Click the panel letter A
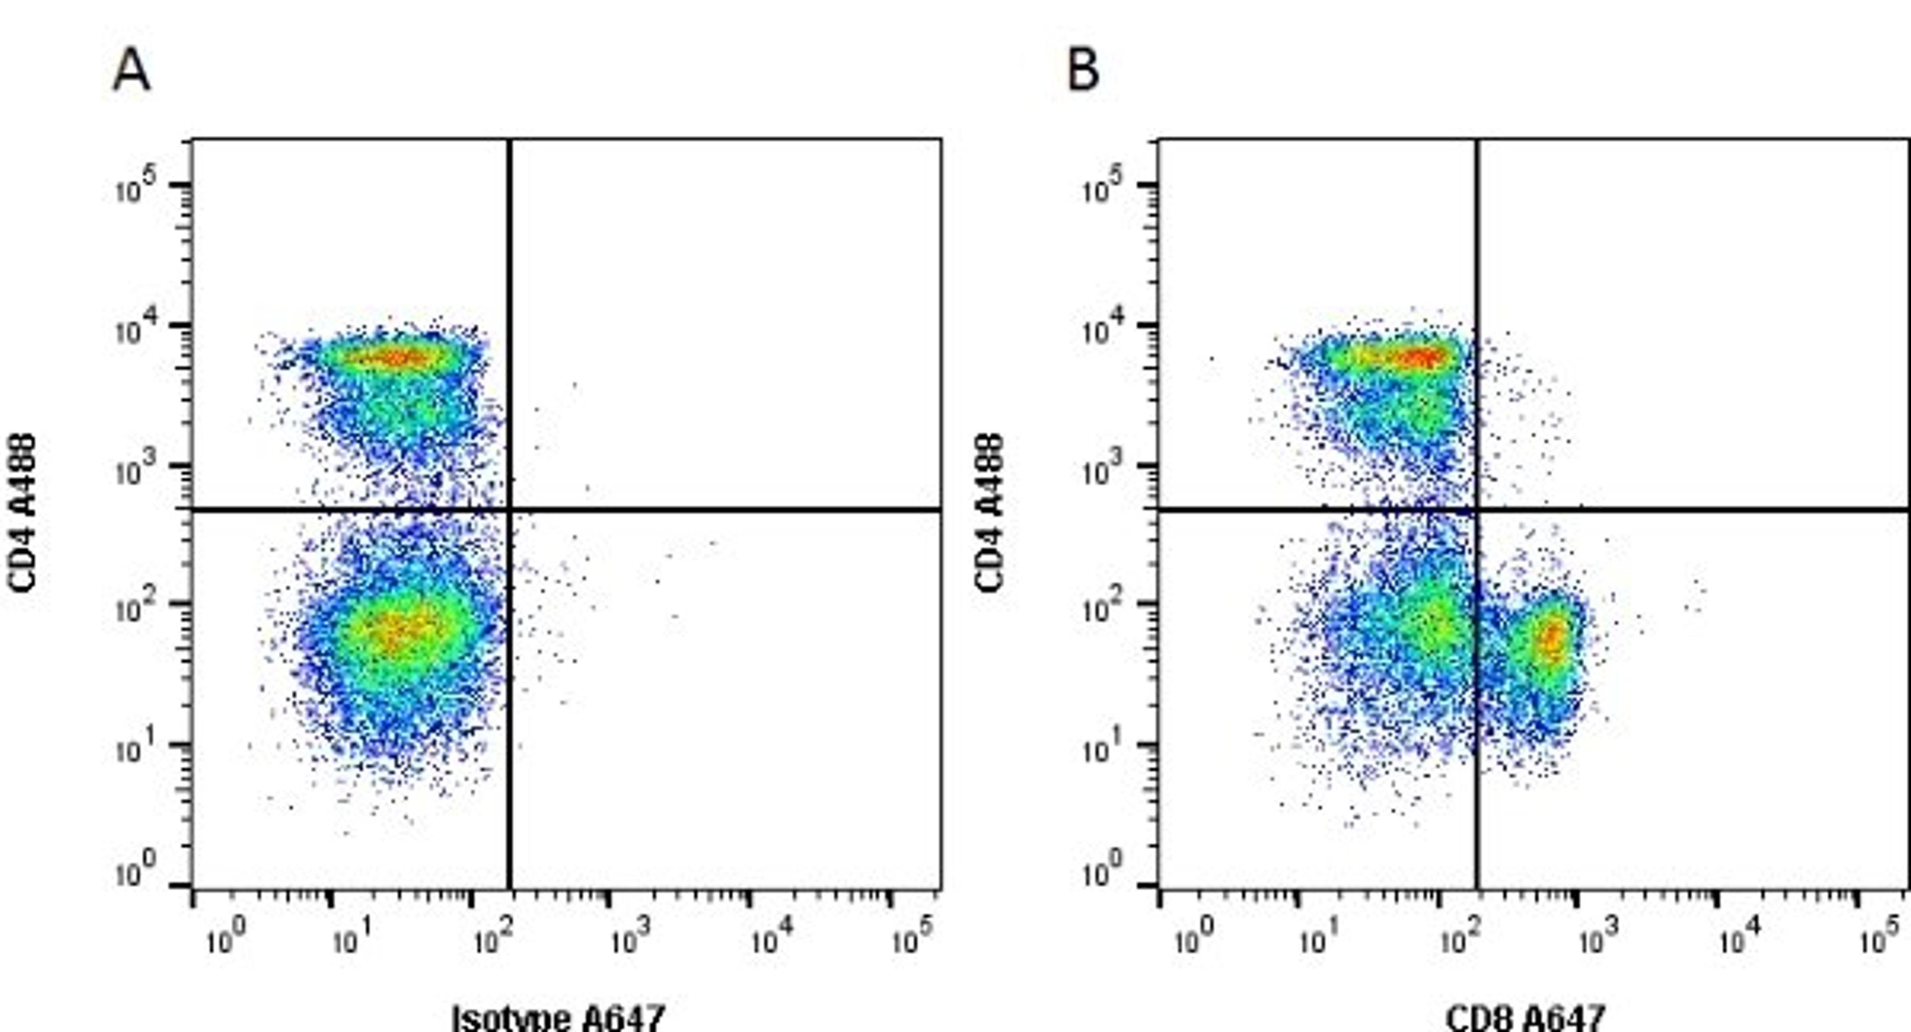pyautogui.click(x=131, y=73)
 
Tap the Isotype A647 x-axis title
pyautogui.click(x=558, y=1017)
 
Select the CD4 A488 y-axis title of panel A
pyautogui.click(x=23, y=513)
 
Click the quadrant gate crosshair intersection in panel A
pyautogui.click(x=510, y=510)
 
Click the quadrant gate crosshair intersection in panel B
pyautogui.click(x=1476, y=510)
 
